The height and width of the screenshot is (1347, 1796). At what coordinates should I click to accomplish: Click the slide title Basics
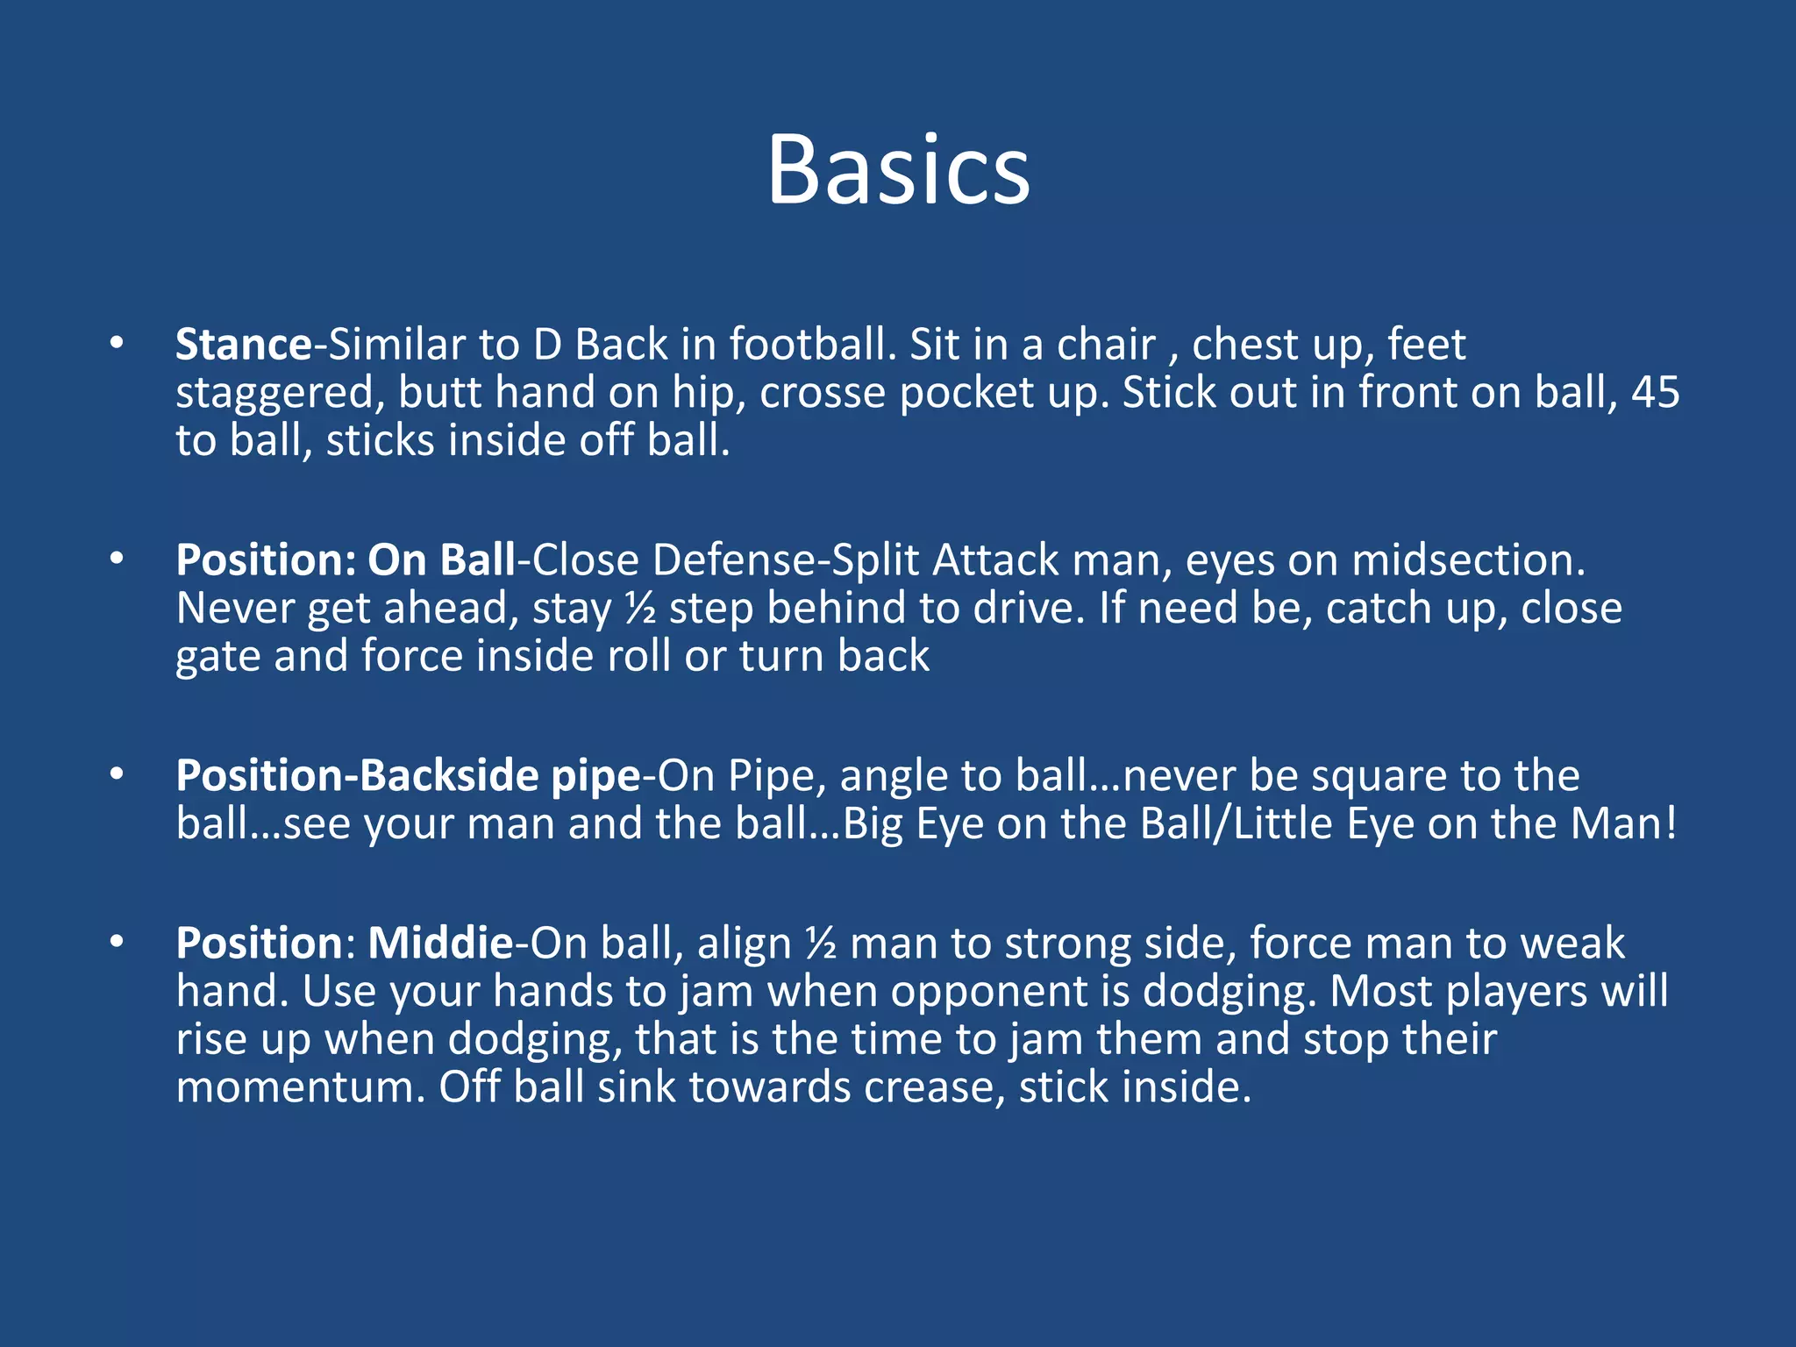coord(898,170)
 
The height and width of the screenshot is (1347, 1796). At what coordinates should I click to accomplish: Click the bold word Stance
coord(244,345)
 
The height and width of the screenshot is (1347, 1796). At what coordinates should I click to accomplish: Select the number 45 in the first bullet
coord(1655,392)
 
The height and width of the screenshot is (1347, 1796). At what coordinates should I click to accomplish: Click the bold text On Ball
coord(441,560)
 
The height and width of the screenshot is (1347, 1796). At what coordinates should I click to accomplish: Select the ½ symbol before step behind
coord(640,609)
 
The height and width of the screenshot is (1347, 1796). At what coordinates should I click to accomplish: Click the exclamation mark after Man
coord(1671,824)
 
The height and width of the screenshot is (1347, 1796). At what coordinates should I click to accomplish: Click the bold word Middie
coord(440,944)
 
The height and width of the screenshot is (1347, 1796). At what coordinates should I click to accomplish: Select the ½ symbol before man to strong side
coord(821,944)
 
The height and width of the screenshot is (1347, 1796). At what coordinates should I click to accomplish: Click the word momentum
coord(300,1087)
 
